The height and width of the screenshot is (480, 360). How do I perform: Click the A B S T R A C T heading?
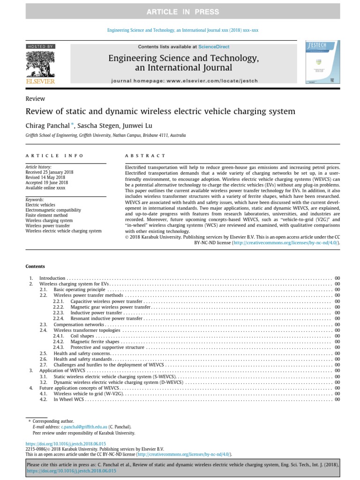click(145, 156)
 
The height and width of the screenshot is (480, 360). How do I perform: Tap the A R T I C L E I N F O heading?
click(54, 156)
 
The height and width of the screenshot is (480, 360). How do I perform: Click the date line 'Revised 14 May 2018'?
click(45, 178)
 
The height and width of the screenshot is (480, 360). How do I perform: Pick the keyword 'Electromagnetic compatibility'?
click(53, 210)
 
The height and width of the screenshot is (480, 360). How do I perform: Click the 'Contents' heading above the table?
click(35, 267)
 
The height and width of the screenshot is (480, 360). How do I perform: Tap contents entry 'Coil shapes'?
click(82, 336)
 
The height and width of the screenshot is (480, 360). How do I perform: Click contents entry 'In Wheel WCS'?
click(69, 399)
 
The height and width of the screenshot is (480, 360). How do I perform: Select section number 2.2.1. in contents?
click(58, 301)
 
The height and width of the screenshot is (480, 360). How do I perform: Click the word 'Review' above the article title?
click(35, 98)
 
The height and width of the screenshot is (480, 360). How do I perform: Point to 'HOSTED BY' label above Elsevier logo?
click(41, 46)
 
